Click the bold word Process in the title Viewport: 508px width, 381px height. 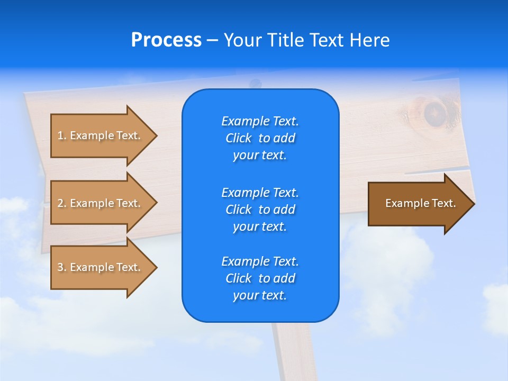pyautogui.click(x=166, y=40)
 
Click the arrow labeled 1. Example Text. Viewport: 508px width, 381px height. pyautogui.click(x=101, y=135)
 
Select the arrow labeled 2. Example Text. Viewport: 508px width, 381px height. pyautogui.click(x=101, y=203)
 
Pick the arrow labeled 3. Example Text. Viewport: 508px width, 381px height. pyautogui.click(x=101, y=267)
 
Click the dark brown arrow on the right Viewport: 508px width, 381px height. pyautogui.click(x=418, y=204)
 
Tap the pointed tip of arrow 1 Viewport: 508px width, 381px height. pyautogui.click(x=156, y=135)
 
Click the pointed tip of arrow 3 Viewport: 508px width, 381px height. pyautogui.click(x=156, y=267)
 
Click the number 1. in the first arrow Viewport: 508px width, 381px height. pyautogui.click(x=62, y=135)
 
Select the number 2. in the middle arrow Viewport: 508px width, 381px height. pyautogui.click(x=62, y=203)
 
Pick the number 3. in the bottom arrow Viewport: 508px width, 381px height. pyautogui.click(x=62, y=267)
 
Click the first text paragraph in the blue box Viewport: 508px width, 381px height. pyautogui.click(x=260, y=138)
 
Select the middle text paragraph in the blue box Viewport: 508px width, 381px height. pyautogui.click(x=260, y=209)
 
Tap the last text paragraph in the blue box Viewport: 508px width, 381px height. pyautogui.click(x=260, y=278)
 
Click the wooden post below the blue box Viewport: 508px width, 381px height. pyautogui.click(x=292, y=352)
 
